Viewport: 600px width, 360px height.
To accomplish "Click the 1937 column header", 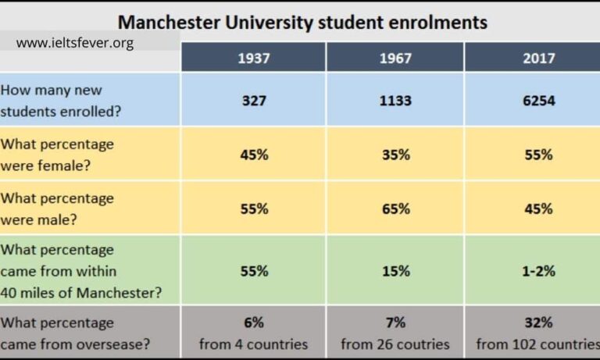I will click(x=253, y=58).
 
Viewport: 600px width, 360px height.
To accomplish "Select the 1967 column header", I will click(x=395, y=58).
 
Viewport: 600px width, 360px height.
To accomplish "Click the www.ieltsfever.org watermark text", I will click(x=75, y=43).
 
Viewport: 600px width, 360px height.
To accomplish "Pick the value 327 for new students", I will click(x=253, y=101).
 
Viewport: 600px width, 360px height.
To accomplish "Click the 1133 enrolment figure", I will click(x=395, y=101).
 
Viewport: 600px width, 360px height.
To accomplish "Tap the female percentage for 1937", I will click(x=253, y=155).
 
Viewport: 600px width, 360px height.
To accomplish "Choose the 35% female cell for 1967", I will click(x=395, y=155).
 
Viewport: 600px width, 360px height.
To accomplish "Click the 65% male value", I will click(x=395, y=209).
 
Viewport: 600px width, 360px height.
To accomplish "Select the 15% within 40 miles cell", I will click(x=395, y=271).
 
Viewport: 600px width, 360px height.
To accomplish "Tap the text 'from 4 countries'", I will click(x=253, y=344).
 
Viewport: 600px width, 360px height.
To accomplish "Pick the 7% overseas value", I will click(x=395, y=323).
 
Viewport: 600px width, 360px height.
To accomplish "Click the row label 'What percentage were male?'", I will click(x=57, y=209).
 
